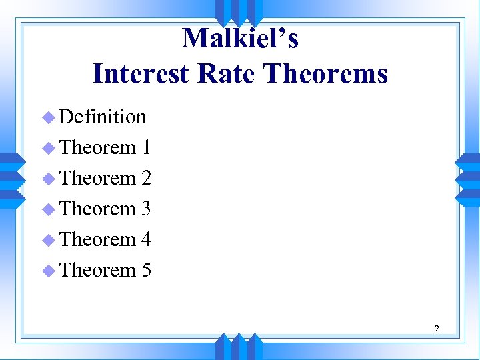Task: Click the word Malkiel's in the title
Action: coord(240,39)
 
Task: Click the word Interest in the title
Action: coord(140,73)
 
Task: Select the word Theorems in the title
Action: coord(325,73)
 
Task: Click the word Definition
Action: coord(103,117)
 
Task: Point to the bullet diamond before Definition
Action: coord(47,118)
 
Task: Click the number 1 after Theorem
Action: coord(146,147)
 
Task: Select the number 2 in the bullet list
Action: coord(146,178)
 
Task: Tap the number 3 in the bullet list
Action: coord(146,209)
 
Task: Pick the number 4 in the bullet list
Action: coord(146,239)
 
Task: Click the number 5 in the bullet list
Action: coord(146,270)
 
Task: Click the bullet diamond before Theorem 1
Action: coord(47,149)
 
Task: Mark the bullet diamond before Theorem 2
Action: coord(47,179)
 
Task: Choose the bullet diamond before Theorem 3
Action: coord(47,210)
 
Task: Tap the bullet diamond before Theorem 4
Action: coord(47,241)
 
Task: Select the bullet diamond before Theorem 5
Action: coord(47,271)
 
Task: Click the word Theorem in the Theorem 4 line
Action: coord(97,239)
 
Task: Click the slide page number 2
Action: coord(437,328)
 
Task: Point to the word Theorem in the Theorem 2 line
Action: coord(97,178)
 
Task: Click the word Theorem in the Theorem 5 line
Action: coord(97,270)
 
